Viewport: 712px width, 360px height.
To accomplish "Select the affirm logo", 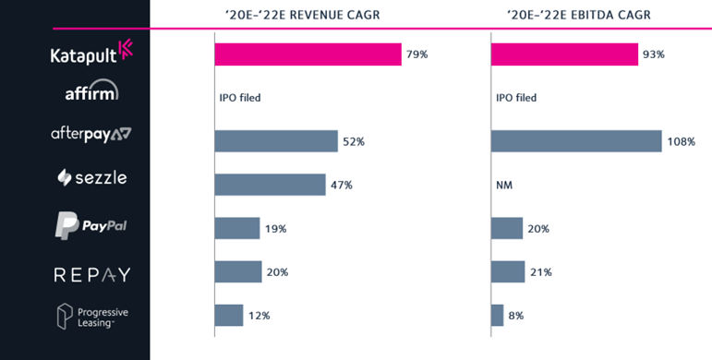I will coord(91,92).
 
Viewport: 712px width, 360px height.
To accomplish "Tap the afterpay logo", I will coord(91,134).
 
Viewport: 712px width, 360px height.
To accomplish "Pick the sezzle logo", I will coord(91,177).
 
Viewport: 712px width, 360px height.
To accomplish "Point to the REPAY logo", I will coord(91,274).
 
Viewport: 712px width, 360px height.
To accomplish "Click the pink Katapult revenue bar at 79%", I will coord(308,54).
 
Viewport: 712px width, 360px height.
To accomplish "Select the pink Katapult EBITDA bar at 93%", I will coord(563,54).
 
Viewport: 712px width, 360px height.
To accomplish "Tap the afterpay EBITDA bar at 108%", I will coord(576,141).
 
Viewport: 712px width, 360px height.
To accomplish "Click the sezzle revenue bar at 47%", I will coord(270,185).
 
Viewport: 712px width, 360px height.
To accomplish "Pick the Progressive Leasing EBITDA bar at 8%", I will coord(497,315).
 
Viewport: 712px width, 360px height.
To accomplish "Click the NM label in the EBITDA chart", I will coord(504,185).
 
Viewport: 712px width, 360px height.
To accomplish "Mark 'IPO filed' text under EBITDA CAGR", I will coord(516,98).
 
